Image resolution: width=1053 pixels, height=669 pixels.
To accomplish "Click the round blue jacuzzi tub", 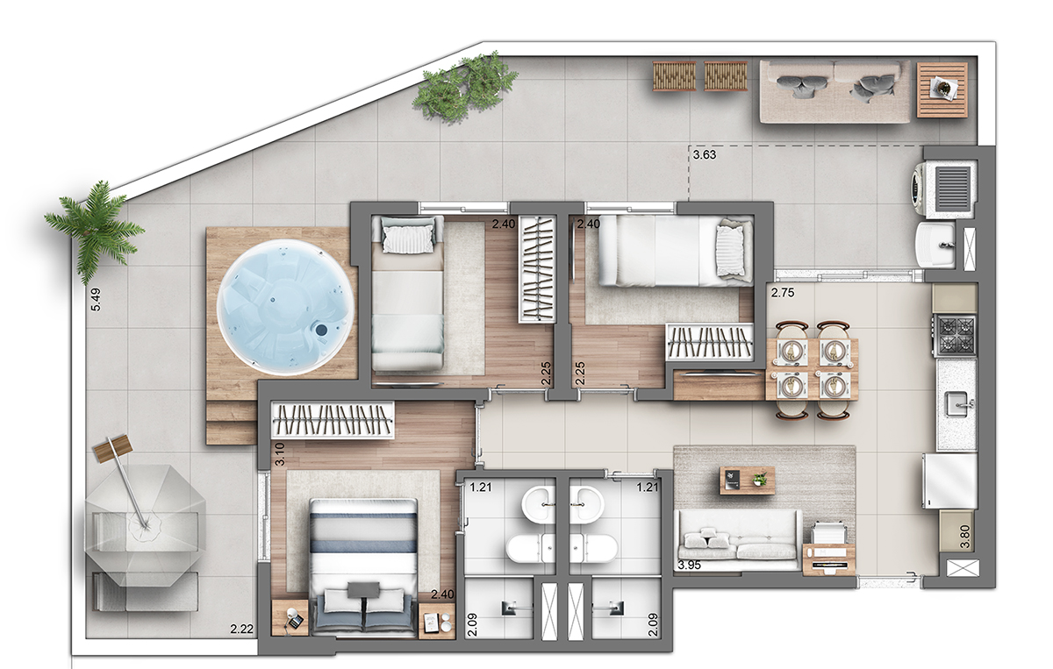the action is [x=284, y=307].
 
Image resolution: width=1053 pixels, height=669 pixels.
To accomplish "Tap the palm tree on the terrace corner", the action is [x=94, y=231].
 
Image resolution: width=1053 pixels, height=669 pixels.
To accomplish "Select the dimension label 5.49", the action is [x=96, y=300].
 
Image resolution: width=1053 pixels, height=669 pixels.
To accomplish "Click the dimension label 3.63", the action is [x=704, y=154].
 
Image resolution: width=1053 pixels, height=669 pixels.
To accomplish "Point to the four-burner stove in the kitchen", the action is [x=956, y=335].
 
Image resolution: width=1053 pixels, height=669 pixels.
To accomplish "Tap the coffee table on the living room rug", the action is [x=747, y=480].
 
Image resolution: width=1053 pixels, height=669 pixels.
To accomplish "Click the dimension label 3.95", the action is [x=689, y=566].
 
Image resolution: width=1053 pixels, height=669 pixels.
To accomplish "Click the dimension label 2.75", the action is [x=782, y=293].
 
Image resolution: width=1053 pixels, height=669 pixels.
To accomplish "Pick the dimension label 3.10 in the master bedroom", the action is [x=280, y=454].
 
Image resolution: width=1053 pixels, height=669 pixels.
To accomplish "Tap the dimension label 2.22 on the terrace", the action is [x=241, y=629].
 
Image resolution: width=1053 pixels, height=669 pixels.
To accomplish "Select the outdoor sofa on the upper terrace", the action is [x=835, y=91].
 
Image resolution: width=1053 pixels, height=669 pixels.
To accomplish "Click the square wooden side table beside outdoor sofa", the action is [x=942, y=89].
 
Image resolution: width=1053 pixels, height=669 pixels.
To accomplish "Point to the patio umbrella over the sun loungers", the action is [x=145, y=525].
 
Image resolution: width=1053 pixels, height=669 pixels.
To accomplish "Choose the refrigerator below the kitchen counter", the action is [x=949, y=481].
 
